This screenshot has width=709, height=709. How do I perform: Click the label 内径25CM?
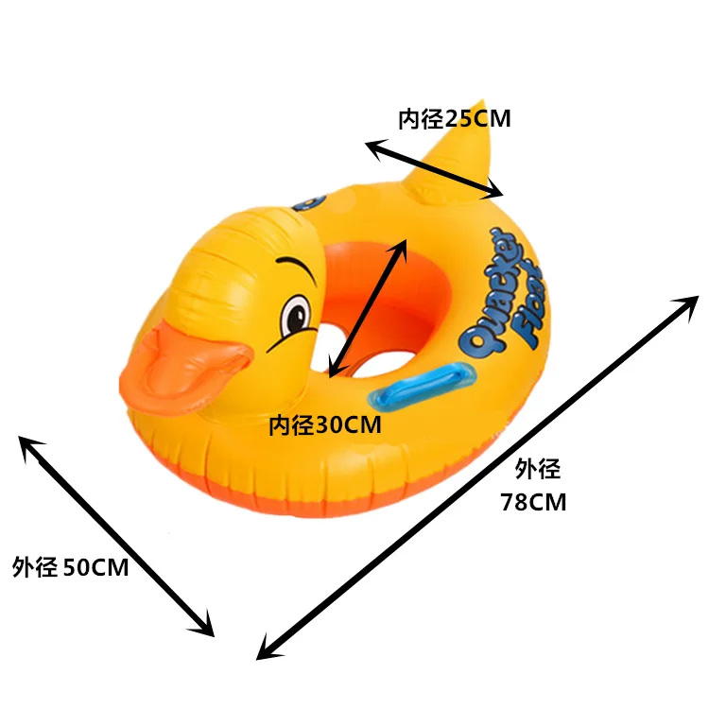tap(454, 119)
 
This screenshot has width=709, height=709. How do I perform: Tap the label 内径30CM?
tap(325, 425)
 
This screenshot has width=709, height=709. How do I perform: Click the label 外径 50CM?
tap(71, 567)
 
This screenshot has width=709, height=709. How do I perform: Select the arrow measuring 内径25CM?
tap(435, 170)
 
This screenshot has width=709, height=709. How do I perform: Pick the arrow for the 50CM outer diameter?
tap(115, 535)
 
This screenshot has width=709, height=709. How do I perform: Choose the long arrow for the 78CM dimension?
tap(477, 476)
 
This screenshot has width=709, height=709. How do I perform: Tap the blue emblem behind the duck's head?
tap(310, 201)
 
